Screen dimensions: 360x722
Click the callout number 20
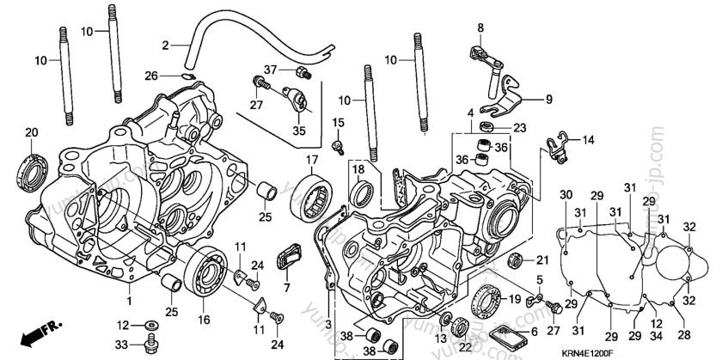[32, 132]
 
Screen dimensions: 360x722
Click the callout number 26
[151, 76]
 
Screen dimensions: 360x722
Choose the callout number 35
[299, 131]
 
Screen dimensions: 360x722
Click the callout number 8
[481, 28]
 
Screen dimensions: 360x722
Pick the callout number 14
[588, 139]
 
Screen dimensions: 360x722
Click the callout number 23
[519, 127]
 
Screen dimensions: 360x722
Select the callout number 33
[124, 345]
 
